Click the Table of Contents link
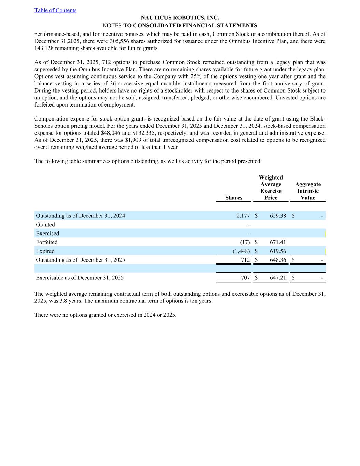click(x=55, y=10)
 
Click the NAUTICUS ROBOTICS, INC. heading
click(x=180, y=18)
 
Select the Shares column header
click(x=234, y=198)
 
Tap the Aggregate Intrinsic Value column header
click(x=308, y=191)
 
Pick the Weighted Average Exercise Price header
click(x=271, y=187)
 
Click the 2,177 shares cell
click(x=243, y=216)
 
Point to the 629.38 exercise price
click(x=278, y=216)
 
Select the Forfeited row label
click(x=47, y=242)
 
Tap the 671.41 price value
click(x=278, y=242)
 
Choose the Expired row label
click(x=45, y=251)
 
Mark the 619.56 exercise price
click(x=278, y=251)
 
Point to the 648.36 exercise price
click(x=278, y=260)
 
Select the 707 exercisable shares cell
click(x=246, y=278)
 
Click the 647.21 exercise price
click(x=278, y=278)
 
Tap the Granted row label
click(x=45, y=225)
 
